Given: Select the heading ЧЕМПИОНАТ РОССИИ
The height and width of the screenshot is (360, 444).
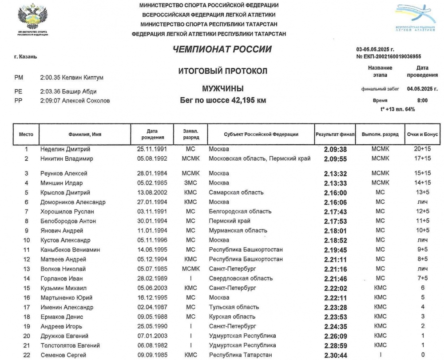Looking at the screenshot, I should click(222, 49).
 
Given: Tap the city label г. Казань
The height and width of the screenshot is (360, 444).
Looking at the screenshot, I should click(26, 57).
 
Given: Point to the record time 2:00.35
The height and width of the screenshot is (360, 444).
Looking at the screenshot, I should click(49, 78).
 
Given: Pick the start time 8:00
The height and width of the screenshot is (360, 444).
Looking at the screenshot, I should click(422, 100).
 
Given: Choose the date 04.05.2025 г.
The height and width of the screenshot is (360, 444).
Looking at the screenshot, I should click(422, 89).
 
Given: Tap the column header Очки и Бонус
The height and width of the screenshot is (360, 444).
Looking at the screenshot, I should click(422, 134).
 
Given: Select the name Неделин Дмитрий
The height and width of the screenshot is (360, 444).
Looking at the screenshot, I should click(65, 149).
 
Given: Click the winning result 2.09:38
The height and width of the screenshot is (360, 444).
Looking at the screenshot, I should click(335, 150).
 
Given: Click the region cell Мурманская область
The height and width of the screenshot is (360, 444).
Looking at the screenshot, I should click(238, 230).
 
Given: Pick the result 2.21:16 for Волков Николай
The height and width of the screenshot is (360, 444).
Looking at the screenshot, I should click(335, 269).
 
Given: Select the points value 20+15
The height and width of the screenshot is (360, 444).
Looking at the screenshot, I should click(422, 149).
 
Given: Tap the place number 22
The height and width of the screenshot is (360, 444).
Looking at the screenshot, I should click(26, 355).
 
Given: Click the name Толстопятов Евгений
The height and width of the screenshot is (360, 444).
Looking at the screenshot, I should click(70, 345).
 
